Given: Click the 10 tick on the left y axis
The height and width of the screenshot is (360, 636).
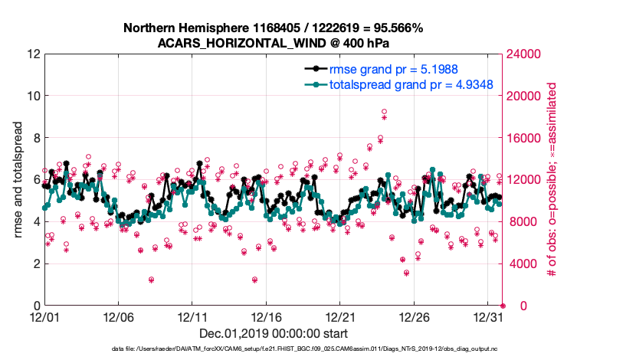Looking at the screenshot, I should click(31, 96).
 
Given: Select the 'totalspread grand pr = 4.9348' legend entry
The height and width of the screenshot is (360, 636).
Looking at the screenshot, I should click(411, 84).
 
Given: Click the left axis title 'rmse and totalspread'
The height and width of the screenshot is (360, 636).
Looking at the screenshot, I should click(18, 180).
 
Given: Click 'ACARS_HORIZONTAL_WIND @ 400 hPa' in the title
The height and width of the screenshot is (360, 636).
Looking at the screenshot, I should click(274, 43).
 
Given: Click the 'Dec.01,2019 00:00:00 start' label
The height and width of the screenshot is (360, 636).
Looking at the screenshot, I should click(274, 334).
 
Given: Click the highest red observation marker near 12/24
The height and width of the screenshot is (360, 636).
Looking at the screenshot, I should click(384, 112).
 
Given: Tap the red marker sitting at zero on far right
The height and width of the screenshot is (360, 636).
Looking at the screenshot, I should click(503, 306).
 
